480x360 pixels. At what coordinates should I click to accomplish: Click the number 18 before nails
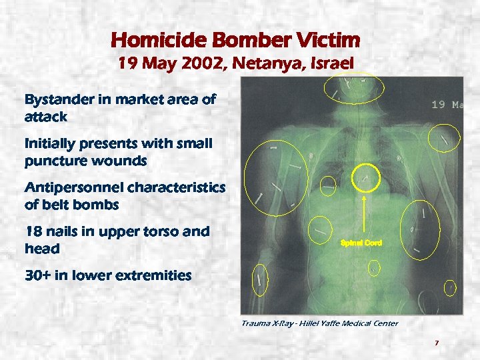pos(34,231)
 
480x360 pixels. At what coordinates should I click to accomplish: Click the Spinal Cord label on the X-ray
pos(361,243)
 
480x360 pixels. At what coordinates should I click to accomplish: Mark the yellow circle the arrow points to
pos(364,176)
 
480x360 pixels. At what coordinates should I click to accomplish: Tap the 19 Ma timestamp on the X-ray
pos(447,105)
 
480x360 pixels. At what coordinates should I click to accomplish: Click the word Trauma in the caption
pos(256,323)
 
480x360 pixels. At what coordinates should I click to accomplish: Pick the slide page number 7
pos(436,343)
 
